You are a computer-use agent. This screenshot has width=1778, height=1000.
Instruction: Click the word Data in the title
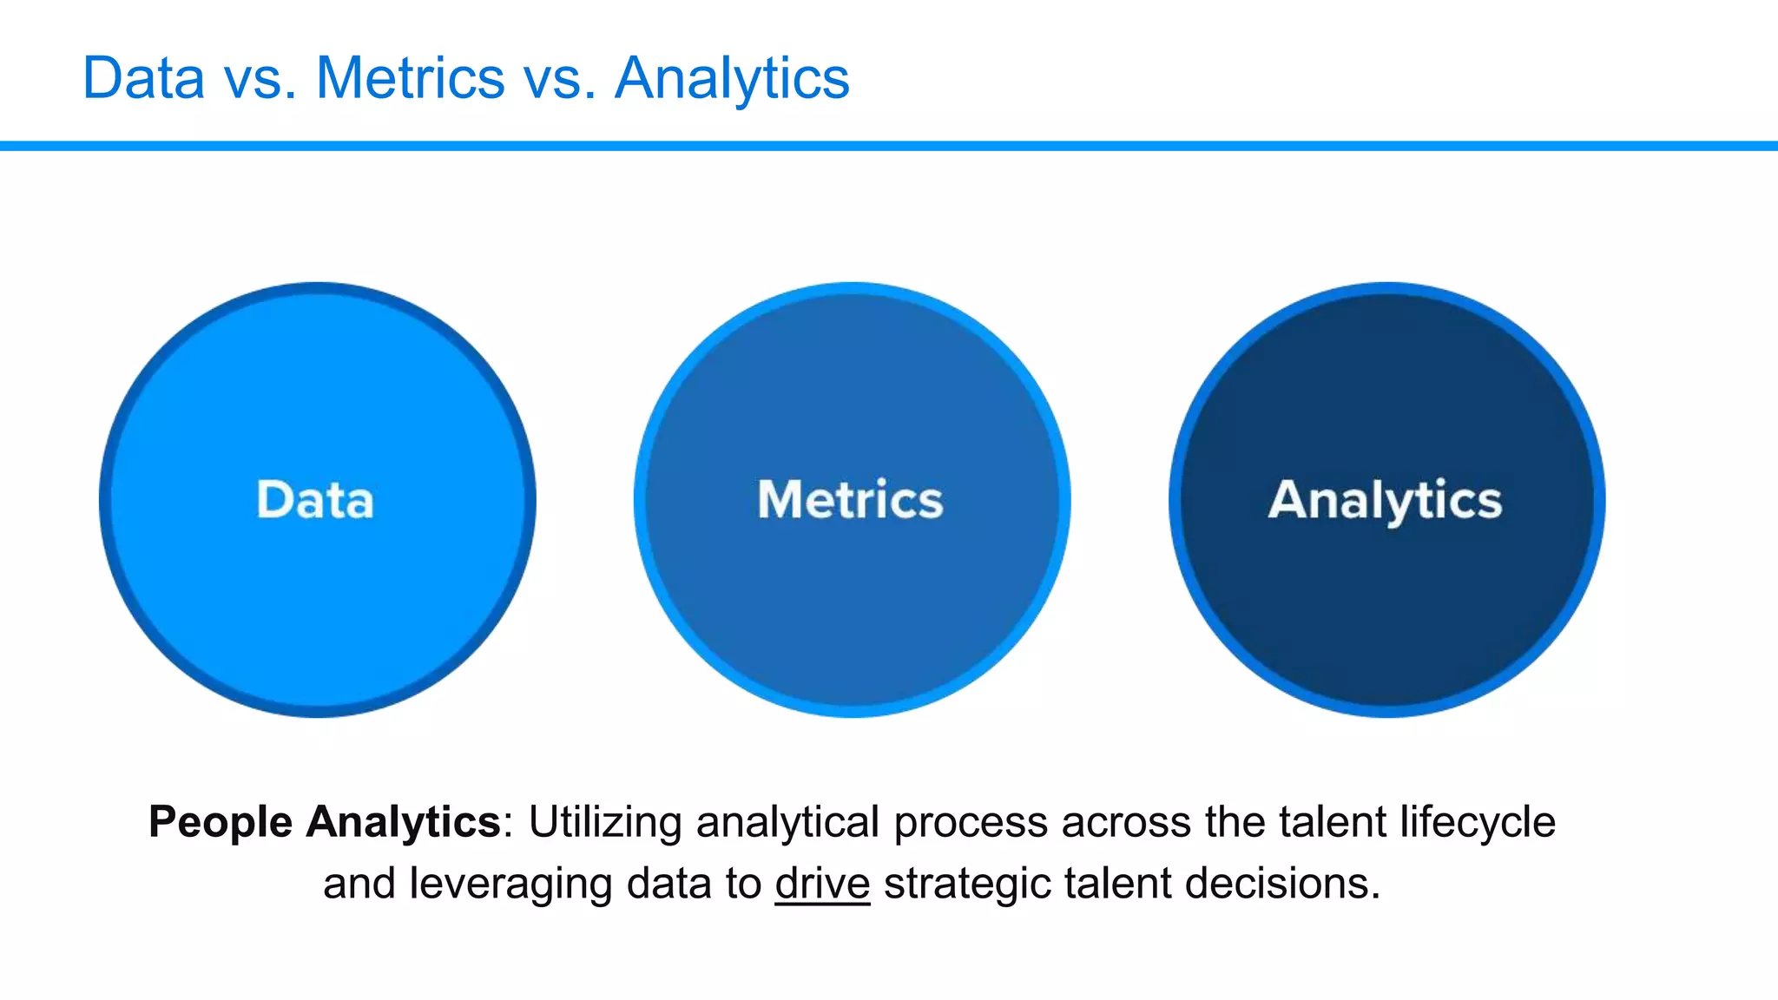click(x=143, y=78)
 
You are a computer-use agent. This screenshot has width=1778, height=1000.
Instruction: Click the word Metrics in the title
click(x=410, y=78)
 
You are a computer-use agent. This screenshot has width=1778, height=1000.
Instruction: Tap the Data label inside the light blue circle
click(x=315, y=500)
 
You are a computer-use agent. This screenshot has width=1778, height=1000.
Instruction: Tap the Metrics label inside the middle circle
click(x=850, y=500)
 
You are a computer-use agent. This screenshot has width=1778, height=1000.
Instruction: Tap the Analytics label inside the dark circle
click(x=1385, y=501)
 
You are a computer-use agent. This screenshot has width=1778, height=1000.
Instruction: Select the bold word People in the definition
click(x=221, y=822)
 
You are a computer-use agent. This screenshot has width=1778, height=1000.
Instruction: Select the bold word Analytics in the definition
click(x=403, y=822)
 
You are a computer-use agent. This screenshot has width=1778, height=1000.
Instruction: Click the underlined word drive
click(x=822, y=884)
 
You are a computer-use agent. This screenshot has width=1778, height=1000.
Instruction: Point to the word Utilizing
click(x=605, y=822)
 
